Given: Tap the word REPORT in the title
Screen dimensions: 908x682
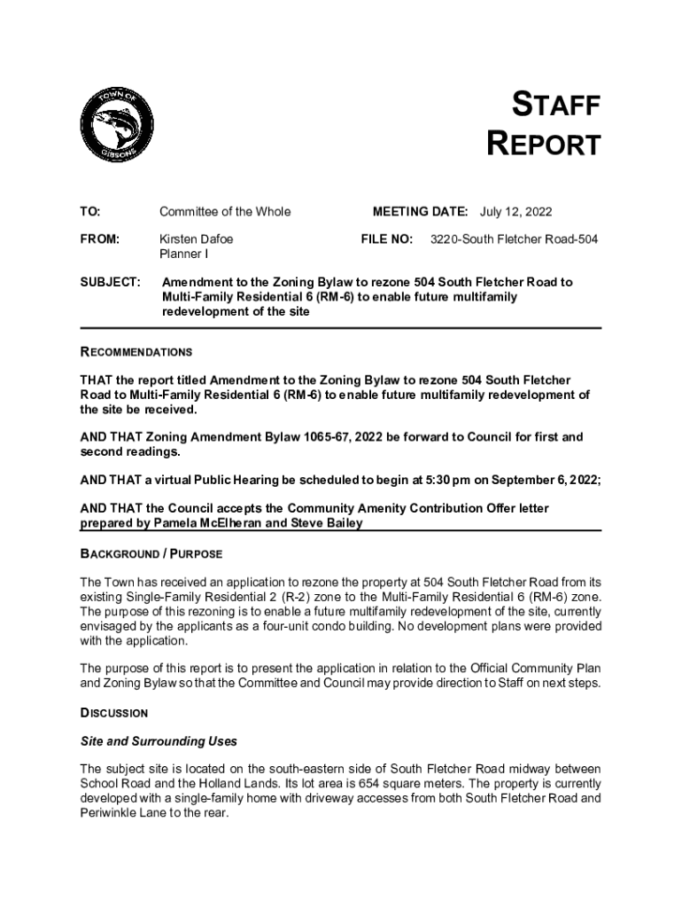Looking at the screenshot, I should click(x=544, y=145).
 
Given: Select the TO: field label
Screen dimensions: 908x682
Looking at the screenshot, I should click(x=89, y=212).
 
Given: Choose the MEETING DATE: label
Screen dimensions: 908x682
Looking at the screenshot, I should click(x=420, y=212).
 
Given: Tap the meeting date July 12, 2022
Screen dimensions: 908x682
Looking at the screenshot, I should click(x=515, y=212).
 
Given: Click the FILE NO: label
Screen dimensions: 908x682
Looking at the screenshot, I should click(x=386, y=239).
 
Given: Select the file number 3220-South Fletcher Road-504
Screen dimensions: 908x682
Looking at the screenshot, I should click(x=514, y=239).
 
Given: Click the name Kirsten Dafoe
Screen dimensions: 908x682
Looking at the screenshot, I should click(x=197, y=239).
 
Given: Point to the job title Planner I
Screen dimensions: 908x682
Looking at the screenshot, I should click(x=183, y=254).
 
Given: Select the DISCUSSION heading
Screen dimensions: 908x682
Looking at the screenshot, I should click(x=113, y=713).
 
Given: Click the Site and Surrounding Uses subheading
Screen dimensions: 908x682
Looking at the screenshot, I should click(x=159, y=740).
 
